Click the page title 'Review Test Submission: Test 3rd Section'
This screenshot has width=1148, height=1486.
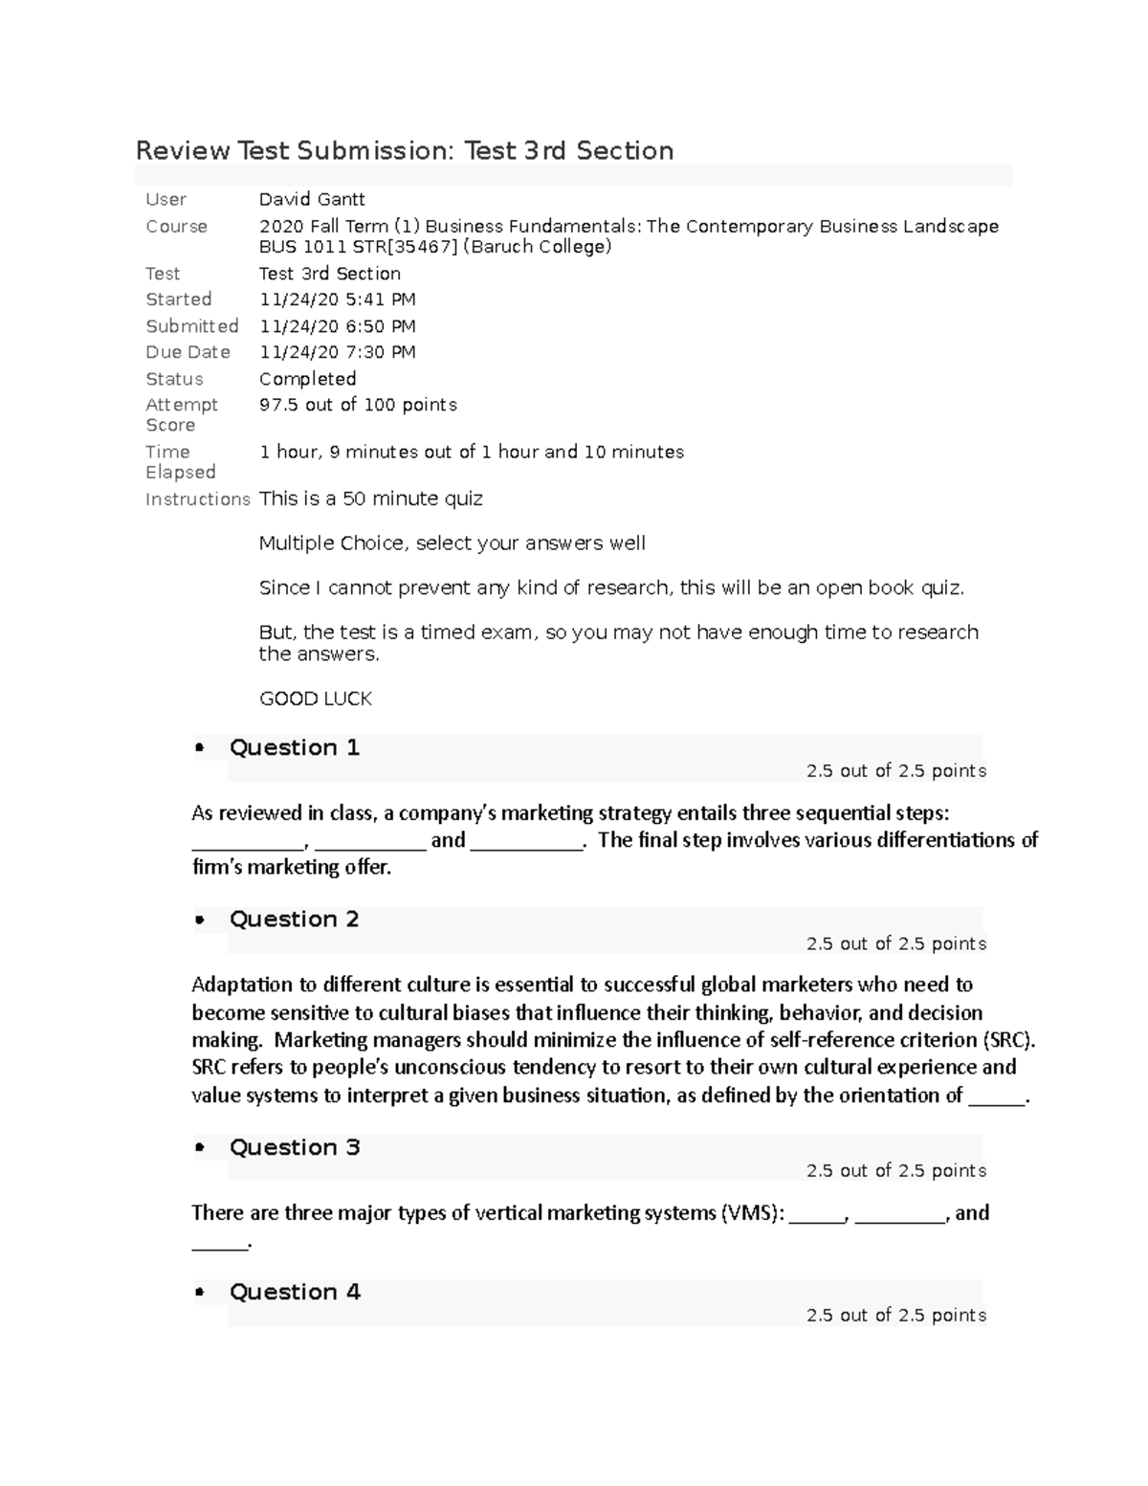pyautogui.click(x=405, y=151)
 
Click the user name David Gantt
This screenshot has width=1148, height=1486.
pyautogui.click(x=312, y=199)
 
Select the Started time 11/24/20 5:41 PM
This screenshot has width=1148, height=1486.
pyautogui.click(x=337, y=299)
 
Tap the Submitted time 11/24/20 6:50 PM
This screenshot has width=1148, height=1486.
pyautogui.click(x=337, y=326)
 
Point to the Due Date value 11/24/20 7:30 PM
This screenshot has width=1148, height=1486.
pyautogui.click(x=337, y=352)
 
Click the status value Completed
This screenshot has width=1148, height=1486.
pyautogui.click(x=307, y=379)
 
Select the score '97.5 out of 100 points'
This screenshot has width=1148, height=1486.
pyautogui.click(x=358, y=405)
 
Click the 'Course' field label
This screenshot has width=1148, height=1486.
pyautogui.click(x=176, y=227)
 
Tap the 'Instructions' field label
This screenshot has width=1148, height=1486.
pyautogui.click(x=197, y=499)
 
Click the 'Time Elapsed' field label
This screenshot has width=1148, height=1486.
pyautogui.click(x=180, y=461)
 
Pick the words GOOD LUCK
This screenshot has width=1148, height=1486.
pyautogui.click(x=315, y=699)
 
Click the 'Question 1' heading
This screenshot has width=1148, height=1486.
pyautogui.click(x=294, y=747)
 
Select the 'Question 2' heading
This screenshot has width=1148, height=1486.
pyautogui.click(x=294, y=920)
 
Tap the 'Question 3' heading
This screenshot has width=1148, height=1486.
pyautogui.click(x=294, y=1147)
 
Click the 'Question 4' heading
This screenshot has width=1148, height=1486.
pyautogui.click(x=294, y=1292)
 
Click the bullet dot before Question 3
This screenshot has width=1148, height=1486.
pyautogui.click(x=200, y=1147)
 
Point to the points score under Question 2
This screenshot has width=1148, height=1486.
pyautogui.click(x=895, y=943)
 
